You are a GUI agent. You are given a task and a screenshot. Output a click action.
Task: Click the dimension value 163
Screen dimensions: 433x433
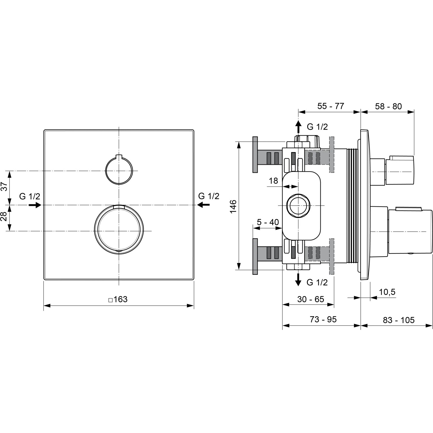[120, 299]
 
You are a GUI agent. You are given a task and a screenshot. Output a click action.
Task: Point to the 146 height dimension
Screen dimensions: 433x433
[233, 206]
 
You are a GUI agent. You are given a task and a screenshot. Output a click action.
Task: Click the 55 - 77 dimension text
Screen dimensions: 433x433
[331, 106]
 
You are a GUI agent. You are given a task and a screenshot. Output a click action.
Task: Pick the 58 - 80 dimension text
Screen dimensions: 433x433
[388, 106]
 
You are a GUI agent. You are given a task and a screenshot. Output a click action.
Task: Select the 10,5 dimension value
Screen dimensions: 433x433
[387, 292]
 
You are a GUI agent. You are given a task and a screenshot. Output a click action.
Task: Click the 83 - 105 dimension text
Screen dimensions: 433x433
[398, 320]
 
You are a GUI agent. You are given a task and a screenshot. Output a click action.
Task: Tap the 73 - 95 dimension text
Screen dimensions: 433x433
[323, 319]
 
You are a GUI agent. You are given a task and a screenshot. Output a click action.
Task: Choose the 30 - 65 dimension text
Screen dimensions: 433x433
[311, 299]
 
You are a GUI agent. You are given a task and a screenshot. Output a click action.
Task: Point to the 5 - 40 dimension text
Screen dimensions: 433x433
[268, 222]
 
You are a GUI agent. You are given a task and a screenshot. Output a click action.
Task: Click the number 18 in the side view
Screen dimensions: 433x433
[273, 181]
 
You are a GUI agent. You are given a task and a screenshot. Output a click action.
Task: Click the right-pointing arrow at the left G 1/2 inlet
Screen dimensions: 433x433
[35, 205]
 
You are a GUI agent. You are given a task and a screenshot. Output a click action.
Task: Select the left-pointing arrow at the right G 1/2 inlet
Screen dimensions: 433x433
[204, 205]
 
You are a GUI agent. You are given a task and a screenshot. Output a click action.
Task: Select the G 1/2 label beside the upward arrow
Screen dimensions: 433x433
[317, 127]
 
